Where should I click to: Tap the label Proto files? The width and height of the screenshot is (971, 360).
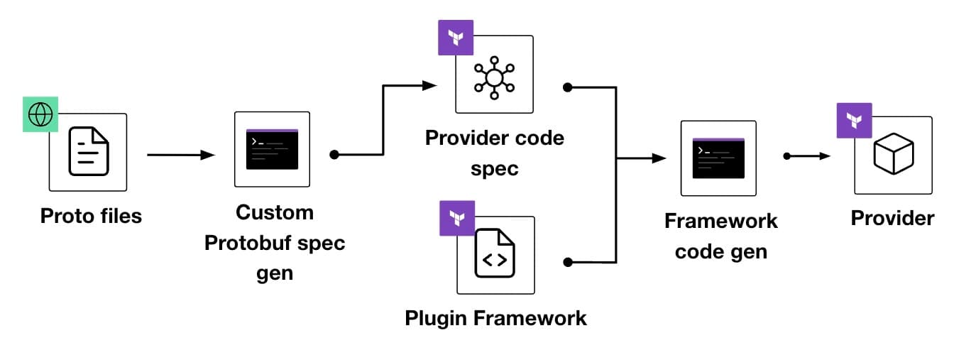pos(91,215)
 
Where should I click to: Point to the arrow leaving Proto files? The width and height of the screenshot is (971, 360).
pos(181,155)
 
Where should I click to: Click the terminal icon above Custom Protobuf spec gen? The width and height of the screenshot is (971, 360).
pos(272,149)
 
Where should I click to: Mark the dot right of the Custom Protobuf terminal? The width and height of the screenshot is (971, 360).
pos(334,154)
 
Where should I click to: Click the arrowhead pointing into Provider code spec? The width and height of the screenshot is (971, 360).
pos(429,86)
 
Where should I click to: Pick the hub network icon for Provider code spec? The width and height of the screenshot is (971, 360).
pos(494,75)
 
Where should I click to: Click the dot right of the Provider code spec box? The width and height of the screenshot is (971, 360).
pos(567,87)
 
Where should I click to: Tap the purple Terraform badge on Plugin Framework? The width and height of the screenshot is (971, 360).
pos(457,218)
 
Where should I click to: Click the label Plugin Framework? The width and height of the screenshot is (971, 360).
pos(495,317)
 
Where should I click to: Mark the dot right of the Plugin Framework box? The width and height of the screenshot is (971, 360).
pos(567,262)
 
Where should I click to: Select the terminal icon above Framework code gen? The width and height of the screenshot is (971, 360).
pos(718,158)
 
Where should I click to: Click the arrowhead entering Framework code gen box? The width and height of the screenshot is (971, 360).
pos(659,158)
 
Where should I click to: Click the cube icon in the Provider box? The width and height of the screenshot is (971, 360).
pos(893,155)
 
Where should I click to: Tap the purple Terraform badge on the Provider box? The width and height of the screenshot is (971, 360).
pos(854,120)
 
